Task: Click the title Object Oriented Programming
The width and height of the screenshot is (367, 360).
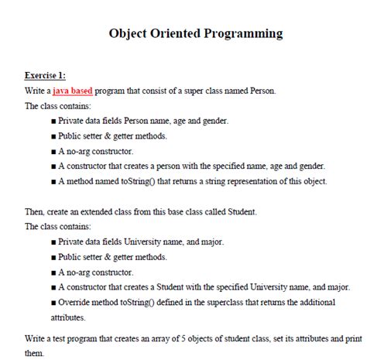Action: [195, 33]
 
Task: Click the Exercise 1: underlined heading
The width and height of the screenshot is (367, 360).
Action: [46, 75]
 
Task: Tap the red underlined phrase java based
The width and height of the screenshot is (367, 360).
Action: [73, 91]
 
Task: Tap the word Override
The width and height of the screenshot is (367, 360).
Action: [75, 302]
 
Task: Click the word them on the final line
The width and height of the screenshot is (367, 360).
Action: [36, 352]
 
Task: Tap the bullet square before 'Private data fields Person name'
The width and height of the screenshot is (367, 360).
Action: [52, 121]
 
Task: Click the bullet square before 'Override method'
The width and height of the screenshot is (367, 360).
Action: [52, 302]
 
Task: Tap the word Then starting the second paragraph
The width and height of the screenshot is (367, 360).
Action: [36, 211]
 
